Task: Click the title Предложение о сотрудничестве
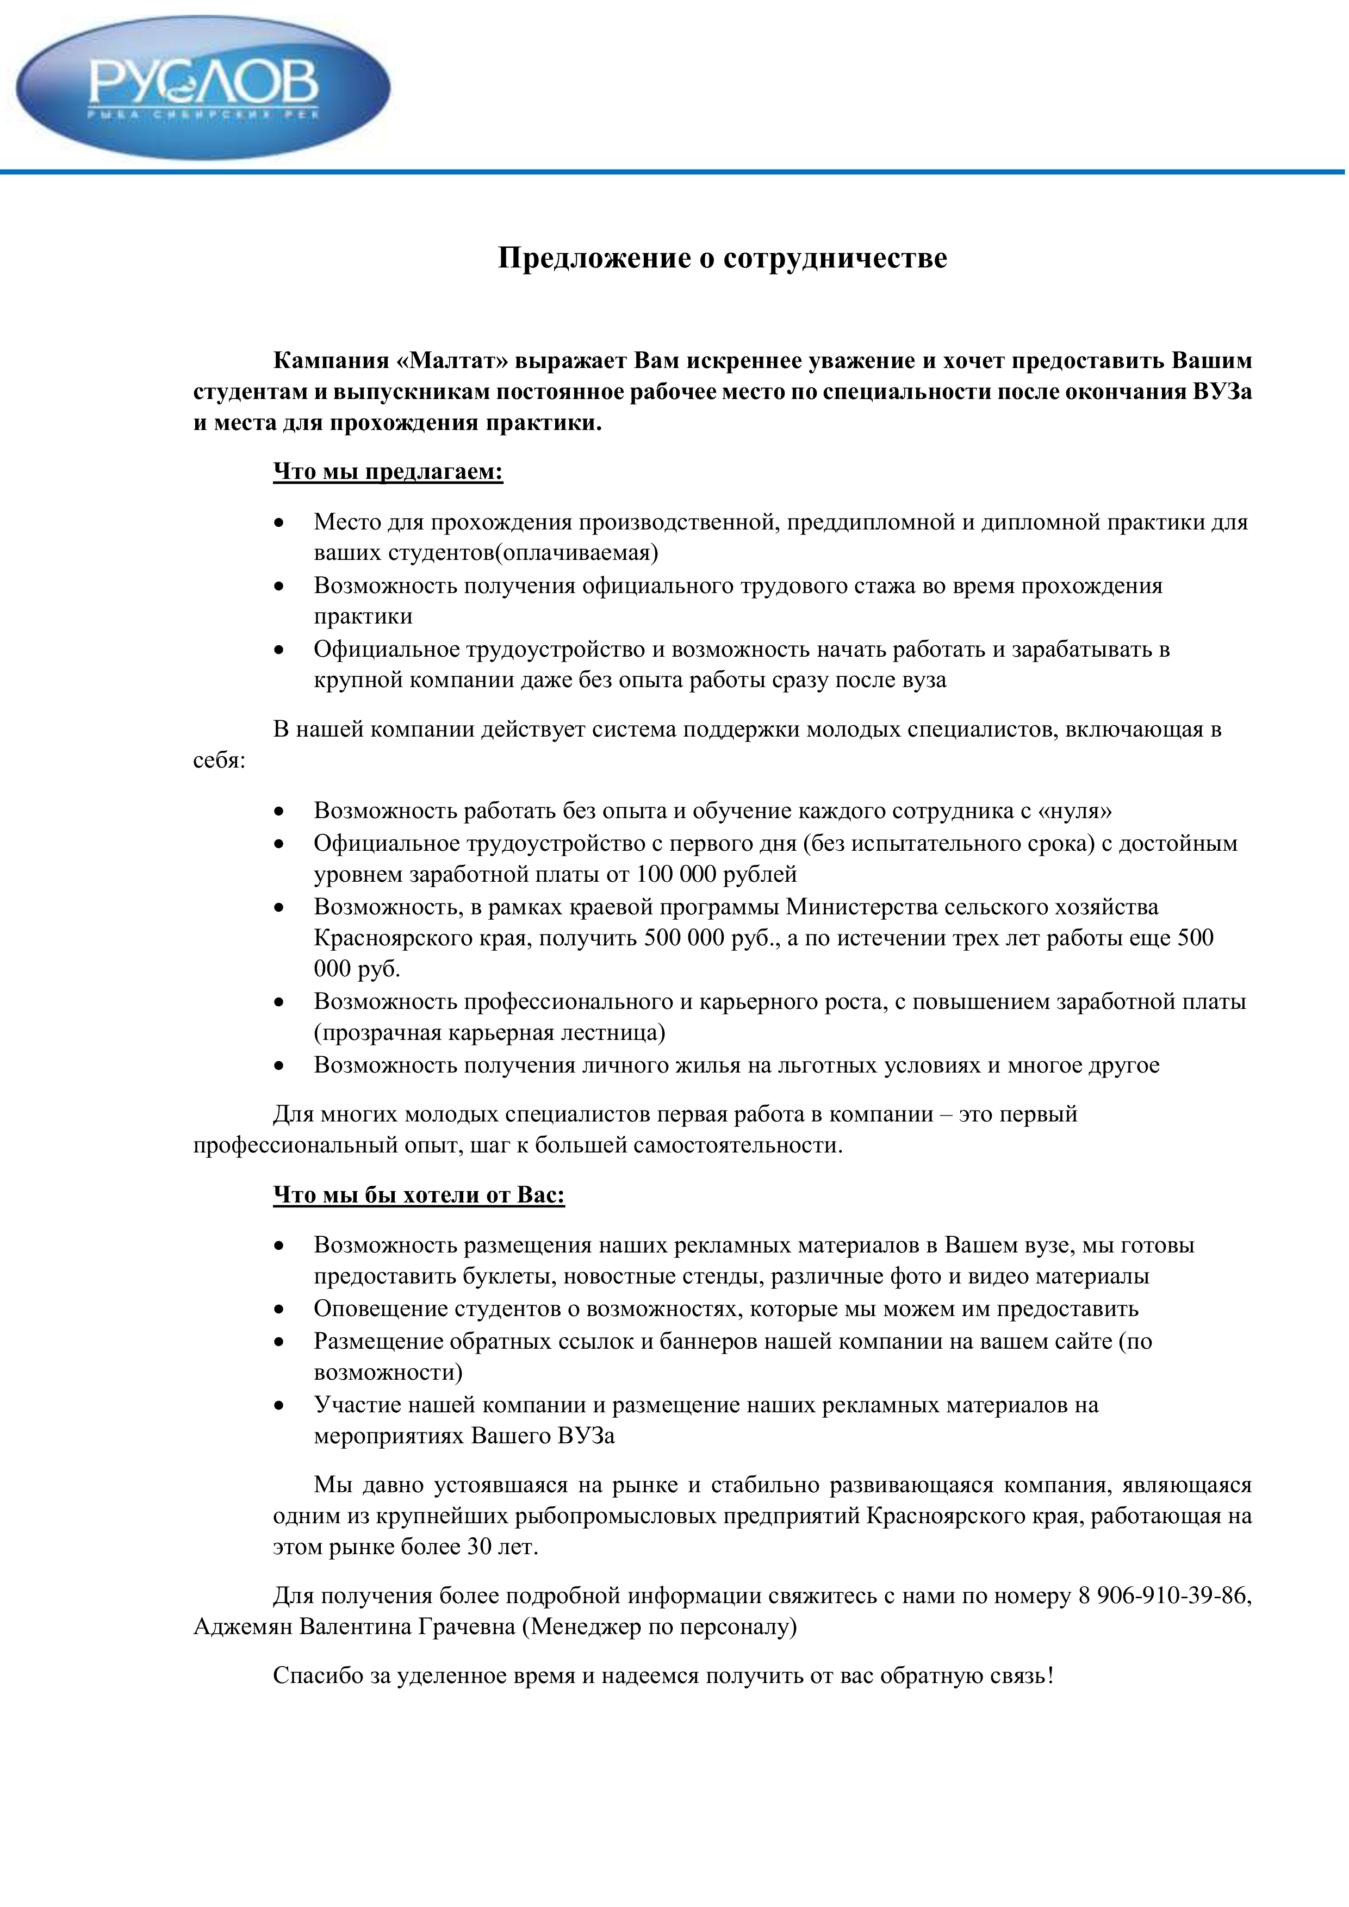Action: (x=722, y=258)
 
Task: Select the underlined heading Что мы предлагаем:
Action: (x=388, y=472)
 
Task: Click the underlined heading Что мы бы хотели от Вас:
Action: (x=419, y=1195)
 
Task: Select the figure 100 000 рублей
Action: (x=716, y=874)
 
